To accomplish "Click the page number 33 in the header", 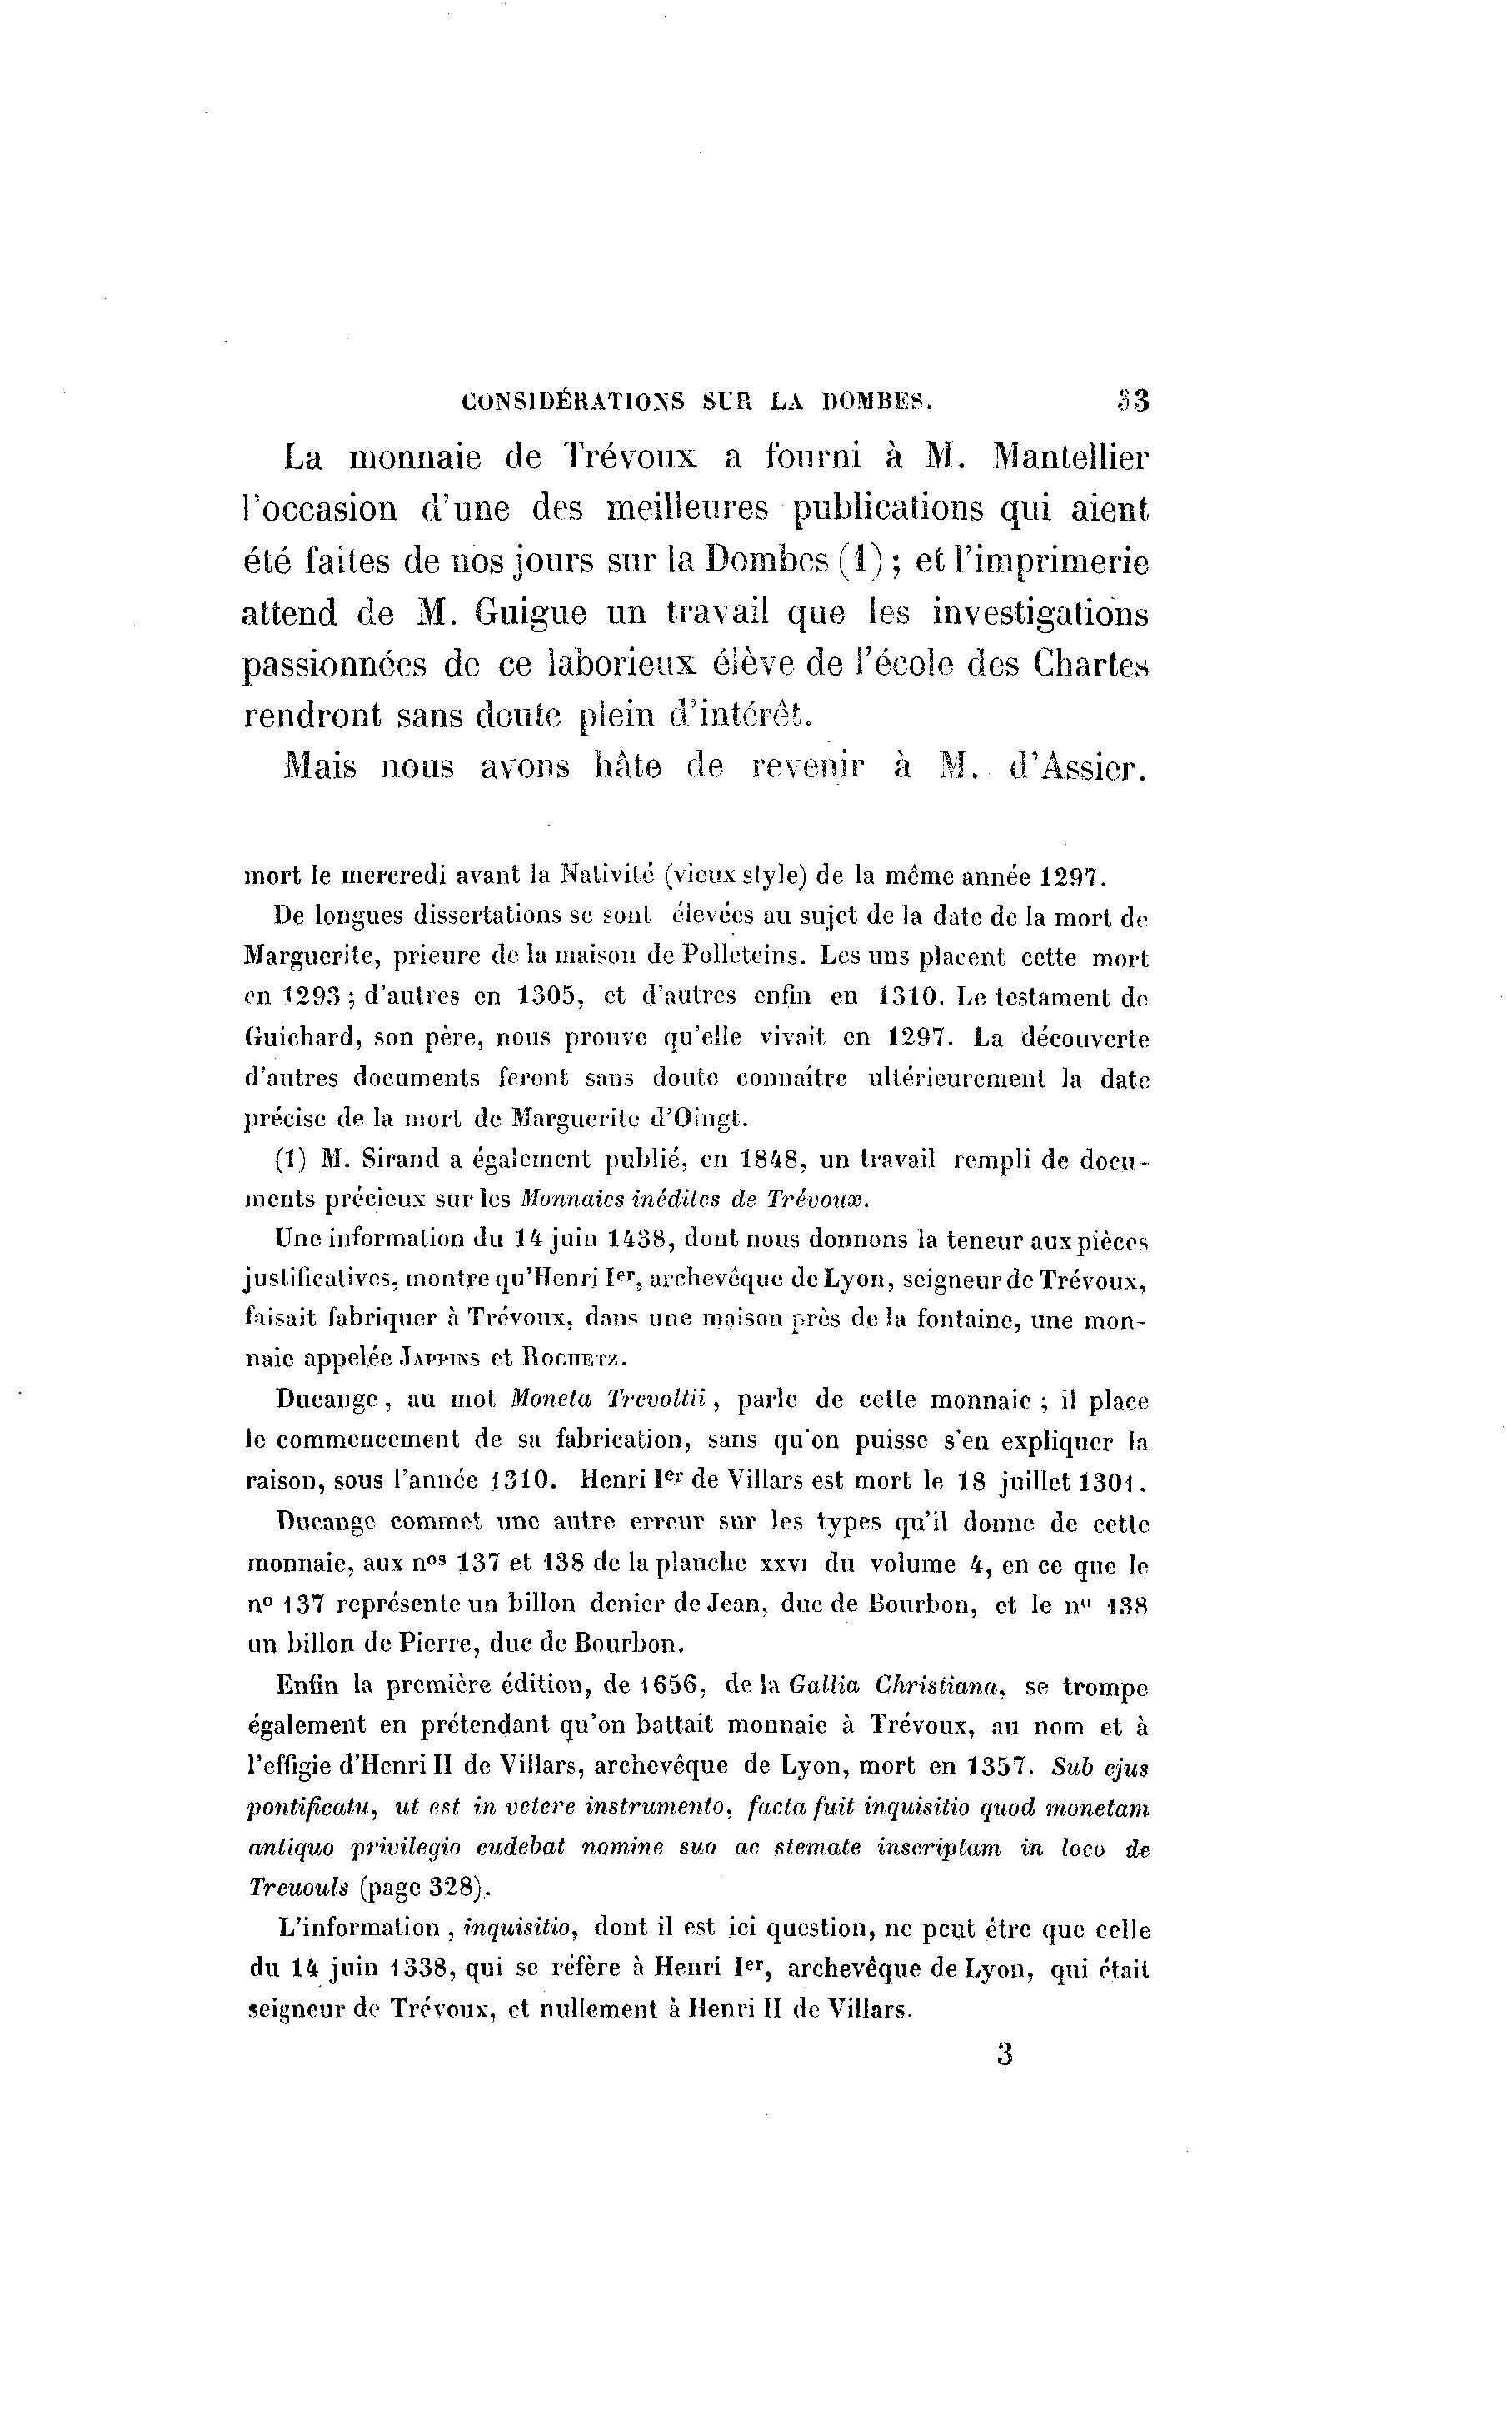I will pos(1133,401).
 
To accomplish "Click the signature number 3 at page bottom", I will pos(1004,2053).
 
